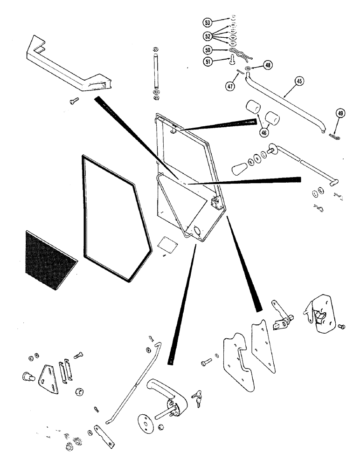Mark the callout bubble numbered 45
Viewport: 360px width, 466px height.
[x=299, y=81]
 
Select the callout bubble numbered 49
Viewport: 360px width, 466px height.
[x=340, y=113]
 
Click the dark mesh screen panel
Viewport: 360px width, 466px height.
[x=48, y=260]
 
